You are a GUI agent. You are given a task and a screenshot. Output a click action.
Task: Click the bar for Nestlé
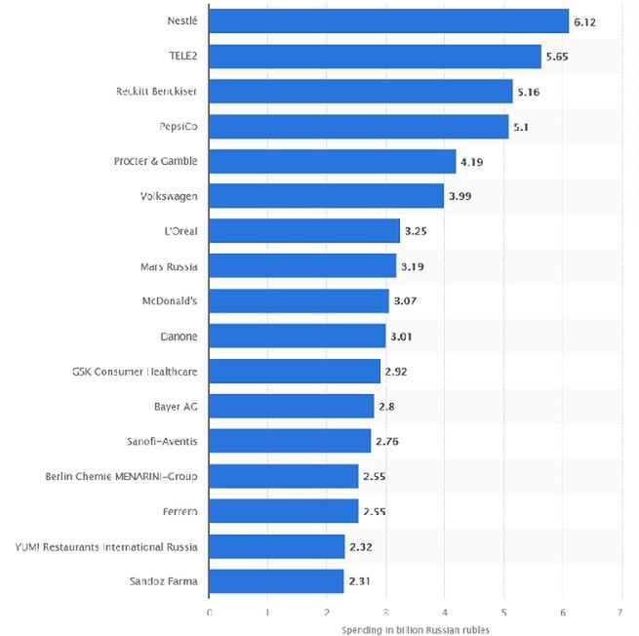(x=388, y=21)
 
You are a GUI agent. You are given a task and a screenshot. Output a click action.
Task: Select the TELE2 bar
(x=375, y=57)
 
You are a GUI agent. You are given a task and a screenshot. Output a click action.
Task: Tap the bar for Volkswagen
(x=326, y=196)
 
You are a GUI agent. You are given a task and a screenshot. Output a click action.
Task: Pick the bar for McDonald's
(x=299, y=300)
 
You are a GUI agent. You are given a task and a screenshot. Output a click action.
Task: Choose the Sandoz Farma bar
(x=276, y=581)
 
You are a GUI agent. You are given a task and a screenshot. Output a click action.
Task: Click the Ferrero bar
(x=283, y=511)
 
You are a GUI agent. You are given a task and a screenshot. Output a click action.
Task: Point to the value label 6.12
(x=585, y=21)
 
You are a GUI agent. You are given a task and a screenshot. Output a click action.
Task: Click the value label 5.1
(x=521, y=127)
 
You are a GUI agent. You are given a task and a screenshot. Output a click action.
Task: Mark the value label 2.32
(x=361, y=547)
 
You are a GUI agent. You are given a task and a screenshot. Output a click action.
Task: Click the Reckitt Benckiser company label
(x=156, y=92)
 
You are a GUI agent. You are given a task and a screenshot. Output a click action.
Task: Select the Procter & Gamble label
(x=155, y=161)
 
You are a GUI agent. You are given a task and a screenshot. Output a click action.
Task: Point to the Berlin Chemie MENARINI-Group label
(x=122, y=477)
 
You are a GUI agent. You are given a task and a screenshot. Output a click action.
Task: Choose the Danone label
(x=180, y=337)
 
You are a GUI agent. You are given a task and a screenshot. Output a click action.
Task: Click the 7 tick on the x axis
(x=620, y=613)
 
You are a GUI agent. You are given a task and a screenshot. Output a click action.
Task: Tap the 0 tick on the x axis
(x=209, y=613)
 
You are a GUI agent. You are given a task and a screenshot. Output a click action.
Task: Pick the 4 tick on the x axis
(x=444, y=613)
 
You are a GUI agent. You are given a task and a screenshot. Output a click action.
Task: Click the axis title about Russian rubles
(x=415, y=629)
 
